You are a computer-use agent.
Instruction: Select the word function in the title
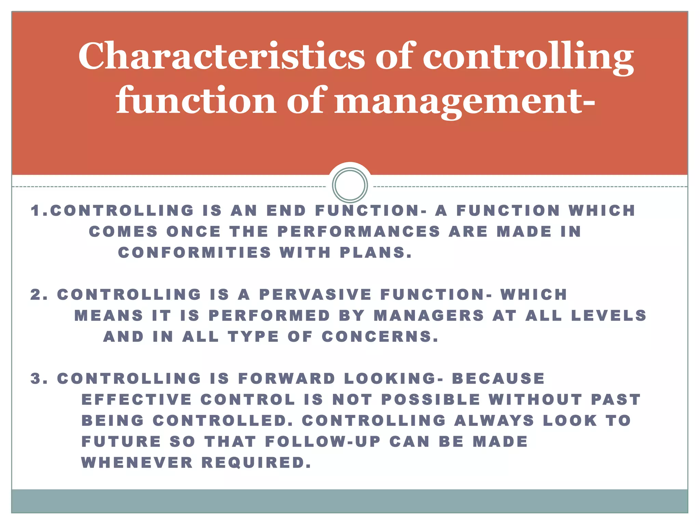click(x=196, y=100)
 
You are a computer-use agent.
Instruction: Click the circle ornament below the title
click(x=350, y=185)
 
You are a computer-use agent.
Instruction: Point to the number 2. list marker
click(x=39, y=295)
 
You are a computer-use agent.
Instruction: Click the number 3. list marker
click(x=39, y=379)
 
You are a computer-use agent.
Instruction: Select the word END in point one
click(x=286, y=211)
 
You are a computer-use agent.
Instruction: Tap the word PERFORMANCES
click(x=359, y=232)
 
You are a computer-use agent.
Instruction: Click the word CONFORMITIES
click(x=194, y=253)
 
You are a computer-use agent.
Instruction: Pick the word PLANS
click(x=376, y=253)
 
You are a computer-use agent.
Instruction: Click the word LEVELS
click(x=609, y=316)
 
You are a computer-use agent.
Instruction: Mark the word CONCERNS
click(x=380, y=337)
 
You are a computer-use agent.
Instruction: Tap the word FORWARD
click(x=287, y=379)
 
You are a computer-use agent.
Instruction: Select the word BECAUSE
click(x=498, y=379)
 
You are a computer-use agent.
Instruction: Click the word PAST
click(x=616, y=400)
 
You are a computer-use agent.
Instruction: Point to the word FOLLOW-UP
click(x=323, y=442)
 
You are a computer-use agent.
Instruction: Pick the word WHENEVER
click(x=137, y=463)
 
